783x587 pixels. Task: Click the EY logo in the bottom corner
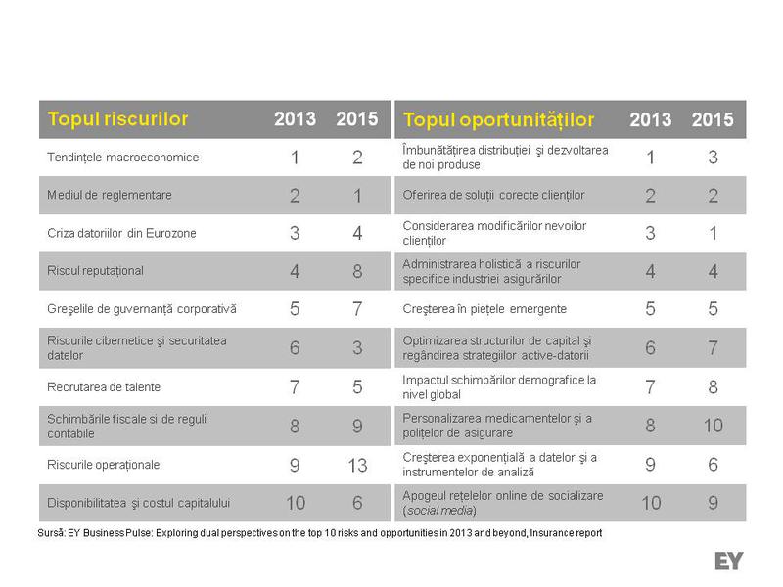[x=729, y=561]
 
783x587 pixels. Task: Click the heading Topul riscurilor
[x=117, y=119]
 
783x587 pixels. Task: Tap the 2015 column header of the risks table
[x=357, y=119]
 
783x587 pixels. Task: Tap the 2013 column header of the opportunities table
[x=651, y=119]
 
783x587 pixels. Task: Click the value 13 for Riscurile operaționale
[x=357, y=466]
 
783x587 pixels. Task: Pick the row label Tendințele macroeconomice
[x=123, y=157]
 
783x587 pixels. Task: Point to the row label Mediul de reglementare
[x=110, y=195]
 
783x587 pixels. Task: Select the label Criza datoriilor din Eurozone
[x=121, y=233]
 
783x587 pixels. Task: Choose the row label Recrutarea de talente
[x=104, y=387]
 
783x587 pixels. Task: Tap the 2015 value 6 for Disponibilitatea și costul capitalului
[x=357, y=503]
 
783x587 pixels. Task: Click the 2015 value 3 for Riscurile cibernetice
[x=357, y=348]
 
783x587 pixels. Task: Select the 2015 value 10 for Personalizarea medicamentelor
[x=713, y=426]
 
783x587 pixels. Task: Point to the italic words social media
[x=439, y=511]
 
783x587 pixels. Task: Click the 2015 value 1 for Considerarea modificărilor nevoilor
[x=713, y=233]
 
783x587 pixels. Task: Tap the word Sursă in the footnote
[x=50, y=533]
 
